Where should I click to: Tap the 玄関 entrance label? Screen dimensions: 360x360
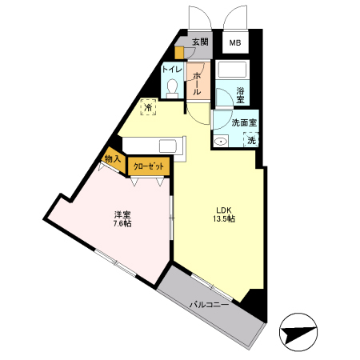200,42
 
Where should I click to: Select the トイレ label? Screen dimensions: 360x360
172,70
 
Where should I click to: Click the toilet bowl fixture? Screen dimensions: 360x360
172,89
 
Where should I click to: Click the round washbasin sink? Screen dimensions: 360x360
221,142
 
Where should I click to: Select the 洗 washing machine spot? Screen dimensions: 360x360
251,141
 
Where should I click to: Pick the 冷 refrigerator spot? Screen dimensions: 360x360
148,107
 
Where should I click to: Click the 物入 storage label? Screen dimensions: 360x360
113,159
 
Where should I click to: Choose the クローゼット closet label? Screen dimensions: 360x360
149,166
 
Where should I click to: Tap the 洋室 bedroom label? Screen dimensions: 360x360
122,214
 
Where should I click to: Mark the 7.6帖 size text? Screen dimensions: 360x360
122,225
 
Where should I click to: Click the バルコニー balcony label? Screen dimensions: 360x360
209,305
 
